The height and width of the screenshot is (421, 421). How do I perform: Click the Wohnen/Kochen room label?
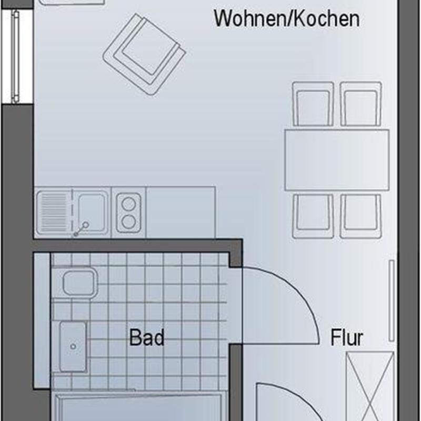pos(287,19)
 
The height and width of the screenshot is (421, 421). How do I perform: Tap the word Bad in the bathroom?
pos(147,337)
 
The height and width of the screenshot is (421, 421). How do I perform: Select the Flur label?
pos(347,337)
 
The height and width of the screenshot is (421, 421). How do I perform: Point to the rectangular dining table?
pos(336,160)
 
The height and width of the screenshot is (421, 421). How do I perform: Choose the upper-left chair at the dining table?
pos(314,104)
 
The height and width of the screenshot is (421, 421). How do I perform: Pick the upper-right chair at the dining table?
pos(360,104)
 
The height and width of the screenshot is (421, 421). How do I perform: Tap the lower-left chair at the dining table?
pos(313,215)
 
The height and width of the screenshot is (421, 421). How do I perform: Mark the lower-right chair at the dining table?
pos(360,215)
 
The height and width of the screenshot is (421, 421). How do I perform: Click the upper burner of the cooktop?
pos(128,202)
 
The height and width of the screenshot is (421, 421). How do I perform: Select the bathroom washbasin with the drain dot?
pos(73,346)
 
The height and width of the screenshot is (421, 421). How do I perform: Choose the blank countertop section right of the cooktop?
pos(181,212)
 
